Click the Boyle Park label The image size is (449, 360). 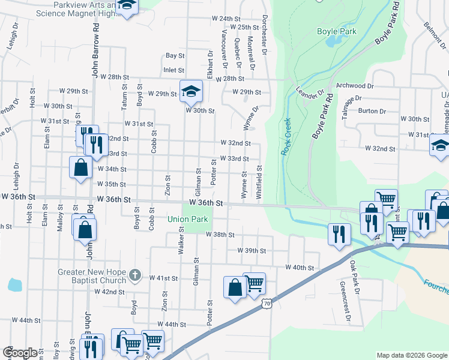pos(336,31)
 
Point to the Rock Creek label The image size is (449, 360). pos(286,137)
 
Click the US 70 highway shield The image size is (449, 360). pos(267,305)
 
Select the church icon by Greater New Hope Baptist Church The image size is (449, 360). pos(135,275)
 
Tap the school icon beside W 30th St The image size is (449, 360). pos(191,91)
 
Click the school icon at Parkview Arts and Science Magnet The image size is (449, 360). pos(127,6)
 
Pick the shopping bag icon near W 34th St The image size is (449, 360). pos(81,168)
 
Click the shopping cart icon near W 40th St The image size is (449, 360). pos(255,283)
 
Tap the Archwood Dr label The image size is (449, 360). pos(355,86)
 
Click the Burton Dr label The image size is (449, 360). pos(372,111)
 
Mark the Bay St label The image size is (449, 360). pos(175,55)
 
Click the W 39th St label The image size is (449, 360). pos(251,250)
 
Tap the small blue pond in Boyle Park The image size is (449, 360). pos(337,40)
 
